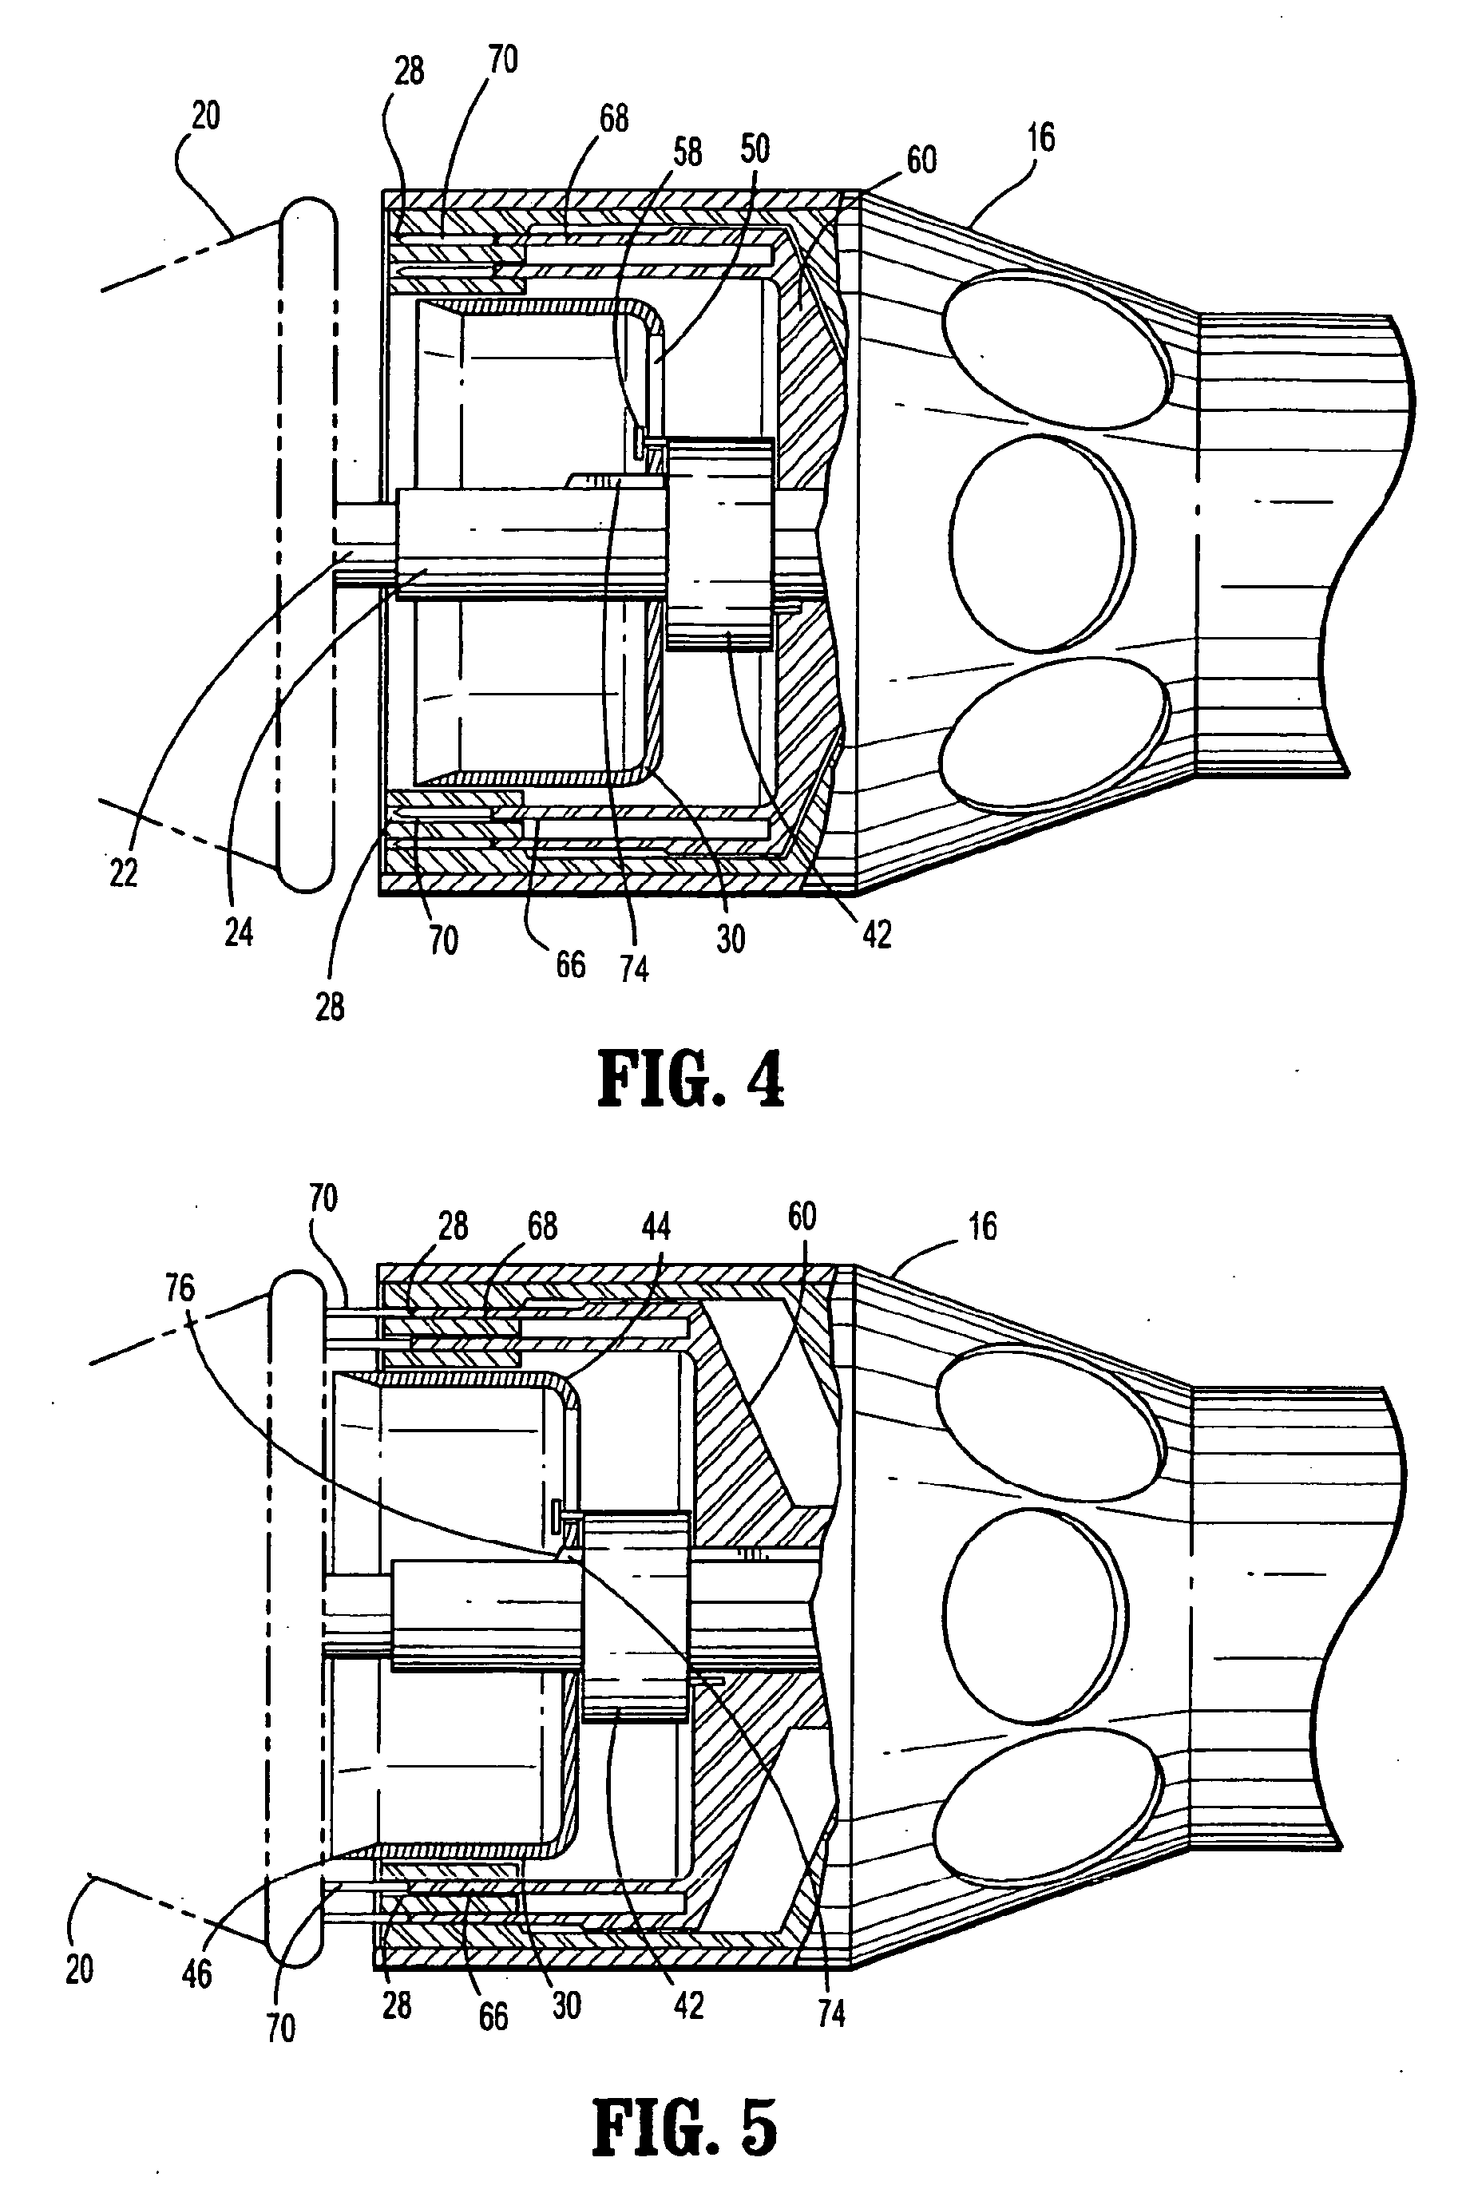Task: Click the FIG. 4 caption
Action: pos(690,1080)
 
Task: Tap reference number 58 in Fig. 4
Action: pos(687,152)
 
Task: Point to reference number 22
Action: pos(123,873)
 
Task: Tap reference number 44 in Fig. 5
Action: pos(656,1225)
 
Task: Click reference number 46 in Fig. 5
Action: pos(196,1973)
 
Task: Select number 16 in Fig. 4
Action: pos(1040,138)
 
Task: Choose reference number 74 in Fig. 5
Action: pos(830,2014)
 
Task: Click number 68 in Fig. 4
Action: pos(613,118)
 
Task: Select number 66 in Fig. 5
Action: pos(493,2017)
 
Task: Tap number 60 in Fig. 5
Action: pos(802,1217)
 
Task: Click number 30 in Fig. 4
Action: pos(730,938)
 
